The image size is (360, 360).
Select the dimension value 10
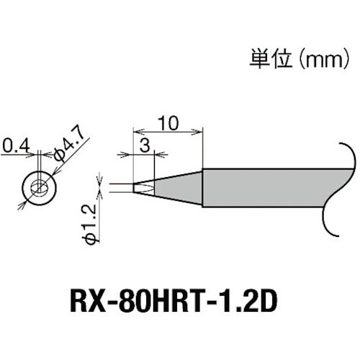point(168,123)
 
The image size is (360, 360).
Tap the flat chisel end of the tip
point(137,189)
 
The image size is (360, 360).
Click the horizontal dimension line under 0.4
point(18,158)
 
